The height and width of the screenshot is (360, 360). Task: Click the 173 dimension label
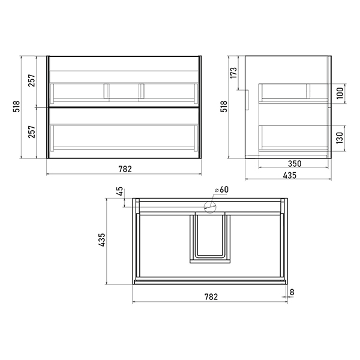[233, 73]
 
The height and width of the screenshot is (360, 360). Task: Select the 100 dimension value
[340, 93]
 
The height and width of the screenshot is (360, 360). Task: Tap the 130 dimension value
[340, 138]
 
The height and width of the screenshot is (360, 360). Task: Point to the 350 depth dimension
[295, 164]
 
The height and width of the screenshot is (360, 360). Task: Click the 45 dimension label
[119, 191]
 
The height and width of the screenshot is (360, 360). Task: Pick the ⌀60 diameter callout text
[221, 190]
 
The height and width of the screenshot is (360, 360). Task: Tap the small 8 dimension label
[292, 292]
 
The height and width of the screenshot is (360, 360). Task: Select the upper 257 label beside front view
[32, 80]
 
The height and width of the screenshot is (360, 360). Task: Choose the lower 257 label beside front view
[32, 132]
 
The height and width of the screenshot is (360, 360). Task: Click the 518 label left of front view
[17, 106]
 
